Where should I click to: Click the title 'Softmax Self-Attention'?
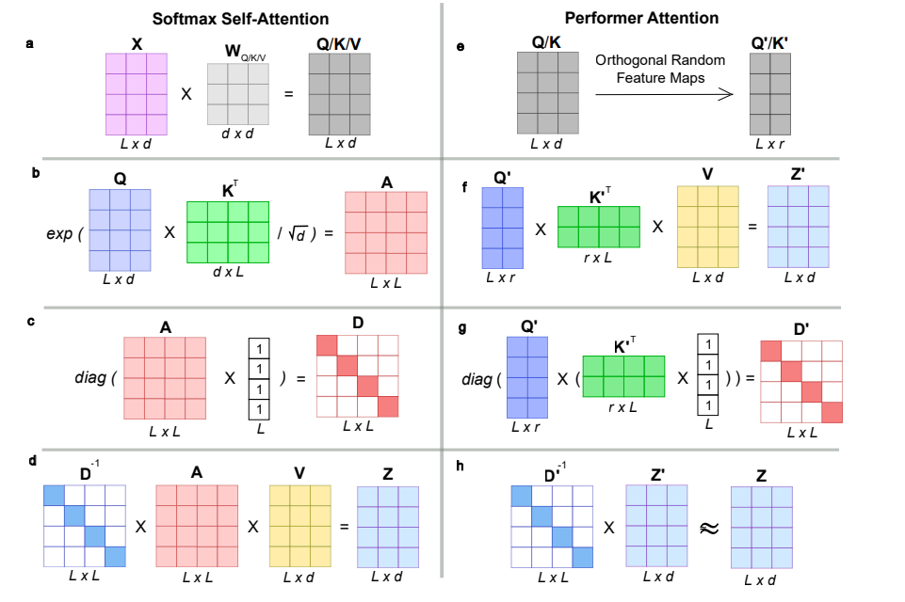click(x=240, y=19)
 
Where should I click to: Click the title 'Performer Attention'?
click(x=641, y=19)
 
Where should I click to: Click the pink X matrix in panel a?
click(x=137, y=94)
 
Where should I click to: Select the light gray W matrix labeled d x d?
click(x=238, y=94)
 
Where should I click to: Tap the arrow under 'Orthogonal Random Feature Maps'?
click(x=664, y=95)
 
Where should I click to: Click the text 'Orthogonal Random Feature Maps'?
click(x=660, y=69)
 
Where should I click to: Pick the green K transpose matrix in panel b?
click(x=228, y=231)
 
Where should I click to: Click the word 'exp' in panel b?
click(x=59, y=234)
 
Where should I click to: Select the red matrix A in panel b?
click(x=386, y=232)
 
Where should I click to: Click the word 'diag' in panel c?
click(x=90, y=378)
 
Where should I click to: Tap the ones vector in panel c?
click(x=259, y=379)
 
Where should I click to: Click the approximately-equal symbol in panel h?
click(x=709, y=528)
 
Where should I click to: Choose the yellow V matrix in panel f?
click(x=707, y=227)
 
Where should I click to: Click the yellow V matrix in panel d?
click(x=300, y=526)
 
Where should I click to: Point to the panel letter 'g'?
click(x=461, y=328)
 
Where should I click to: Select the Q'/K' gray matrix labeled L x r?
click(x=770, y=94)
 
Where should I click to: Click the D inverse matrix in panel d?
click(x=84, y=526)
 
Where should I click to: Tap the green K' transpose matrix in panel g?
click(x=623, y=376)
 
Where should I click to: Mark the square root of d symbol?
click(x=298, y=233)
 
